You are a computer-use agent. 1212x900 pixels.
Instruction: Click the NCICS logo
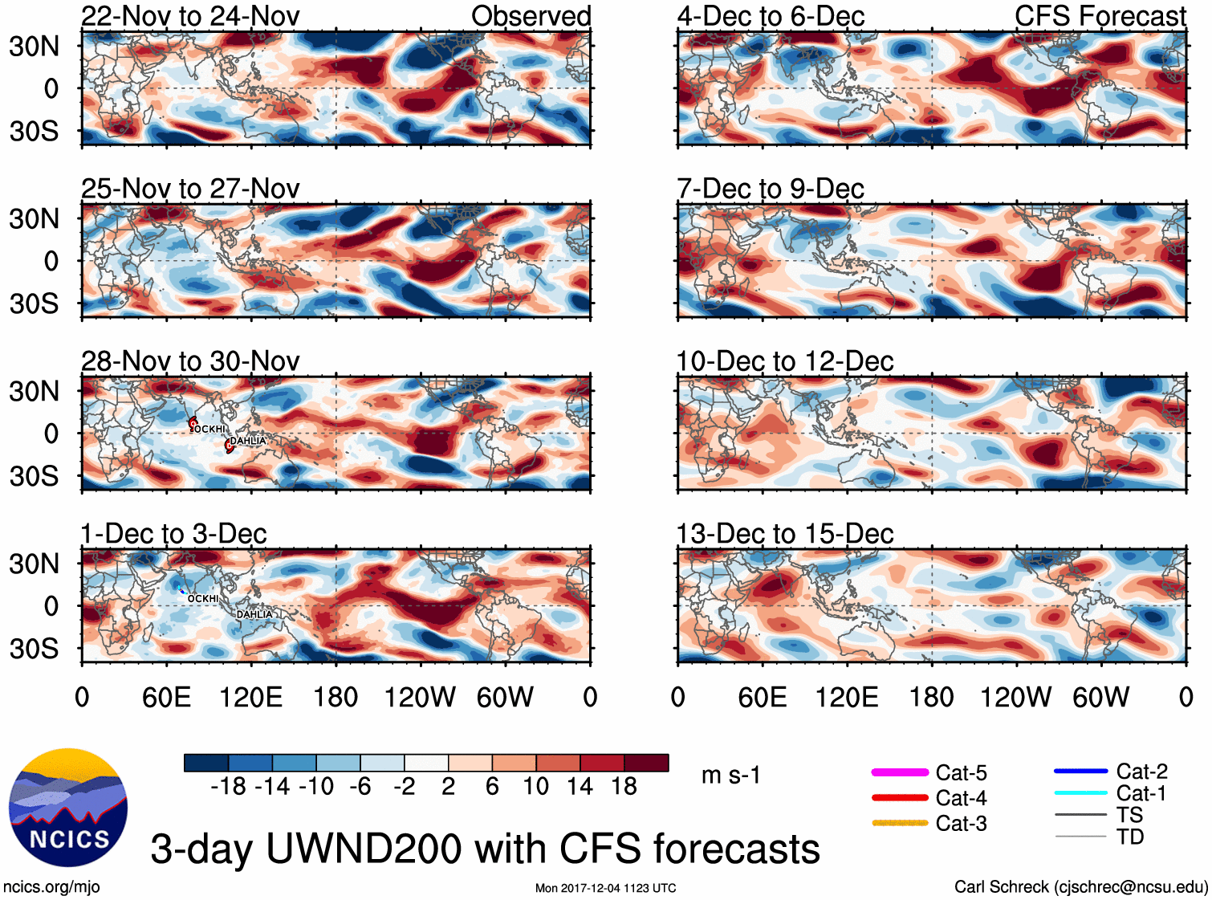(x=68, y=807)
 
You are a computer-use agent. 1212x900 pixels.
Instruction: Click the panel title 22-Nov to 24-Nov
(x=190, y=16)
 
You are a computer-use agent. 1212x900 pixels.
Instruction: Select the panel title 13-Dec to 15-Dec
(x=784, y=534)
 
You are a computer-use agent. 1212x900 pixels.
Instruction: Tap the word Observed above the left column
(x=531, y=16)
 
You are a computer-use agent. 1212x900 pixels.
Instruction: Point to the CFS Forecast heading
(x=1100, y=16)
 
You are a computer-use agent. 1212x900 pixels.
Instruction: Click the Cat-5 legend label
(x=961, y=772)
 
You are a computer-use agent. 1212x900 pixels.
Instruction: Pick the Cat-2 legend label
(x=1141, y=772)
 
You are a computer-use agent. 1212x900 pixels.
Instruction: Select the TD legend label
(x=1130, y=837)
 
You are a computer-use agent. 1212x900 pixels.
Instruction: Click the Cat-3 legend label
(x=961, y=824)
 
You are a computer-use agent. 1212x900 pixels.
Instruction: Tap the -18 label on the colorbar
(x=228, y=786)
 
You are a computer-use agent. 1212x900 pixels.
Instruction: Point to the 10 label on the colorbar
(x=535, y=786)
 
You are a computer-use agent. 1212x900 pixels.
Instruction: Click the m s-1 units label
(x=730, y=776)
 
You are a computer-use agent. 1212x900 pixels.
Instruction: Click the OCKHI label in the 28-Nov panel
(x=209, y=430)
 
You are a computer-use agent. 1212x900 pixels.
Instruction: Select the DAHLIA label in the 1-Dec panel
(x=254, y=614)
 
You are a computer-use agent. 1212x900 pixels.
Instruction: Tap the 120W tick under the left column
(x=420, y=697)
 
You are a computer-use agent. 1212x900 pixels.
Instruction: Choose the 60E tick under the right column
(x=763, y=697)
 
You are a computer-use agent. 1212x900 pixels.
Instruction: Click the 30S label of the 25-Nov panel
(x=34, y=303)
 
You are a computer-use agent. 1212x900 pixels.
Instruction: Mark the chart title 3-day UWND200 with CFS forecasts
(x=485, y=849)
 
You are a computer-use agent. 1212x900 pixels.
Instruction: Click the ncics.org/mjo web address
(x=51, y=887)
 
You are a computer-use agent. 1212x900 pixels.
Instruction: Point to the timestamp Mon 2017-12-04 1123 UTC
(x=605, y=888)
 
